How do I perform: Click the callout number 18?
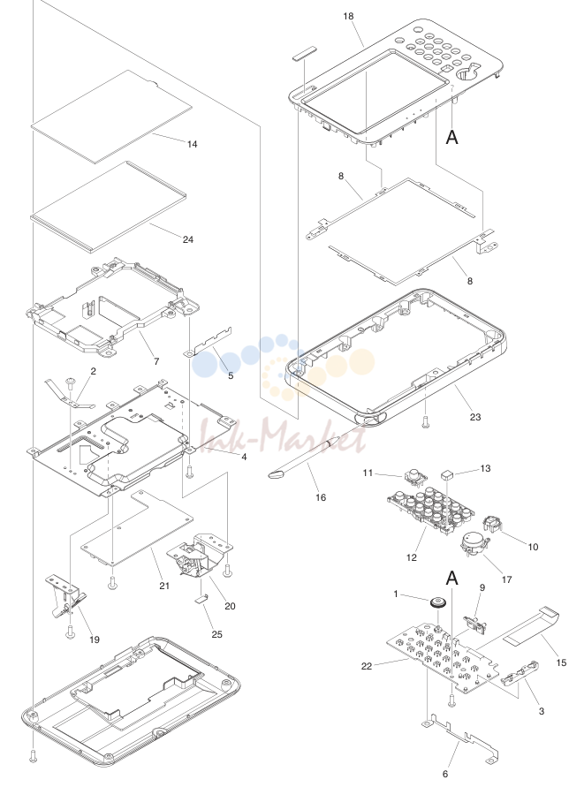tap(348, 17)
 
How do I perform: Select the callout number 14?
tap(193, 145)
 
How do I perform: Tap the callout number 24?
tap(188, 240)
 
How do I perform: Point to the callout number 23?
tap(475, 417)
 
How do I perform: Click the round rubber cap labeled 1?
tap(439, 601)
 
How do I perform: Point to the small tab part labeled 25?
tap(201, 598)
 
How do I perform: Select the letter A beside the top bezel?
tap(452, 137)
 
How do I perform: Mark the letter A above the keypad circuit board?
tap(452, 579)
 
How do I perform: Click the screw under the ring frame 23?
tap(426, 421)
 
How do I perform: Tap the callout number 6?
tap(445, 774)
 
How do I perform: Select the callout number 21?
tap(164, 586)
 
